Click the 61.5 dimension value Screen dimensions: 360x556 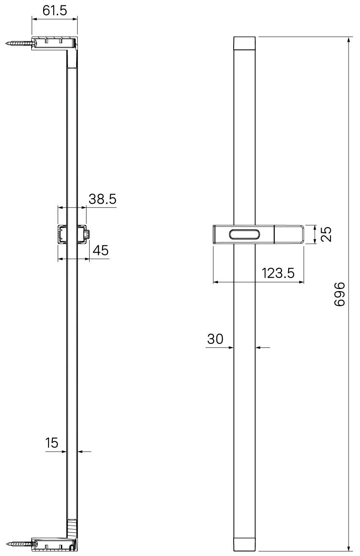tap(55, 11)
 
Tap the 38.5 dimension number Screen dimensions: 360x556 tap(103, 199)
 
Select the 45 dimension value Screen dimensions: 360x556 tap(101, 250)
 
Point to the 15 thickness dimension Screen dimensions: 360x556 tap(52, 443)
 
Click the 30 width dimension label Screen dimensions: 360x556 tap(215, 339)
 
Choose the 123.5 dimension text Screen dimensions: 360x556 tap(278, 273)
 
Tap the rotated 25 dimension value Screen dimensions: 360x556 tap(326, 234)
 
